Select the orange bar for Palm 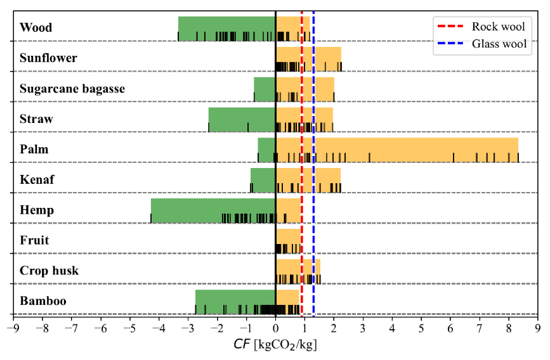pyautogui.click(x=396, y=150)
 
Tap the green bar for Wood pyautogui.click(x=226, y=28)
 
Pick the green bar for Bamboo pyautogui.click(x=235, y=301)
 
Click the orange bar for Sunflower pyautogui.click(x=308, y=58)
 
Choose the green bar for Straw pyautogui.click(x=242, y=119)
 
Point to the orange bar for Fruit pyautogui.click(x=288, y=240)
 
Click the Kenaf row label pyautogui.click(x=37, y=180)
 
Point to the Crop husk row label pyautogui.click(x=49, y=271)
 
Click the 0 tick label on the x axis pyautogui.click(x=275, y=328)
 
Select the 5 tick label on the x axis pyautogui.click(x=421, y=328)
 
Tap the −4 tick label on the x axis pyautogui.click(x=158, y=328)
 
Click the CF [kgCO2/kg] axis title pyautogui.click(x=275, y=345)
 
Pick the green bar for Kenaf pyautogui.click(x=263, y=180)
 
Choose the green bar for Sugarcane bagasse pyautogui.click(x=265, y=89)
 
